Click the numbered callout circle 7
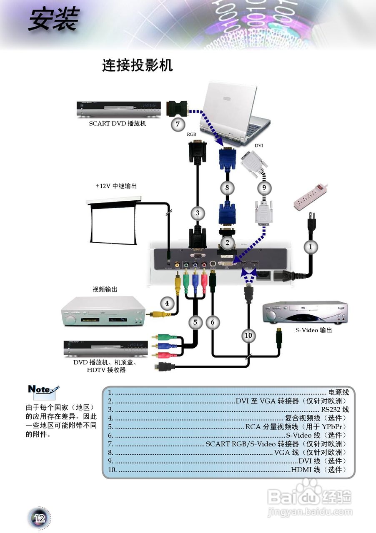pyautogui.click(x=178, y=124)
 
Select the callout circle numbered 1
pyautogui.click(x=310, y=247)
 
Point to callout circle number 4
pyautogui.click(x=167, y=303)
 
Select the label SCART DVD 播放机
pyautogui.click(x=118, y=124)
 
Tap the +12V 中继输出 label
pyautogui.click(x=116, y=186)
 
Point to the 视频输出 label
pyautogui.click(x=105, y=289)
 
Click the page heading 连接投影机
pyautogui.click(x=137, y=65)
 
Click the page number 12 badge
pyautogui.click(x=40, y=518)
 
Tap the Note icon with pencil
pyautogui.click(x=43, y=390)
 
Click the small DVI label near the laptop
pyautogui.click(x=259, y=146)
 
